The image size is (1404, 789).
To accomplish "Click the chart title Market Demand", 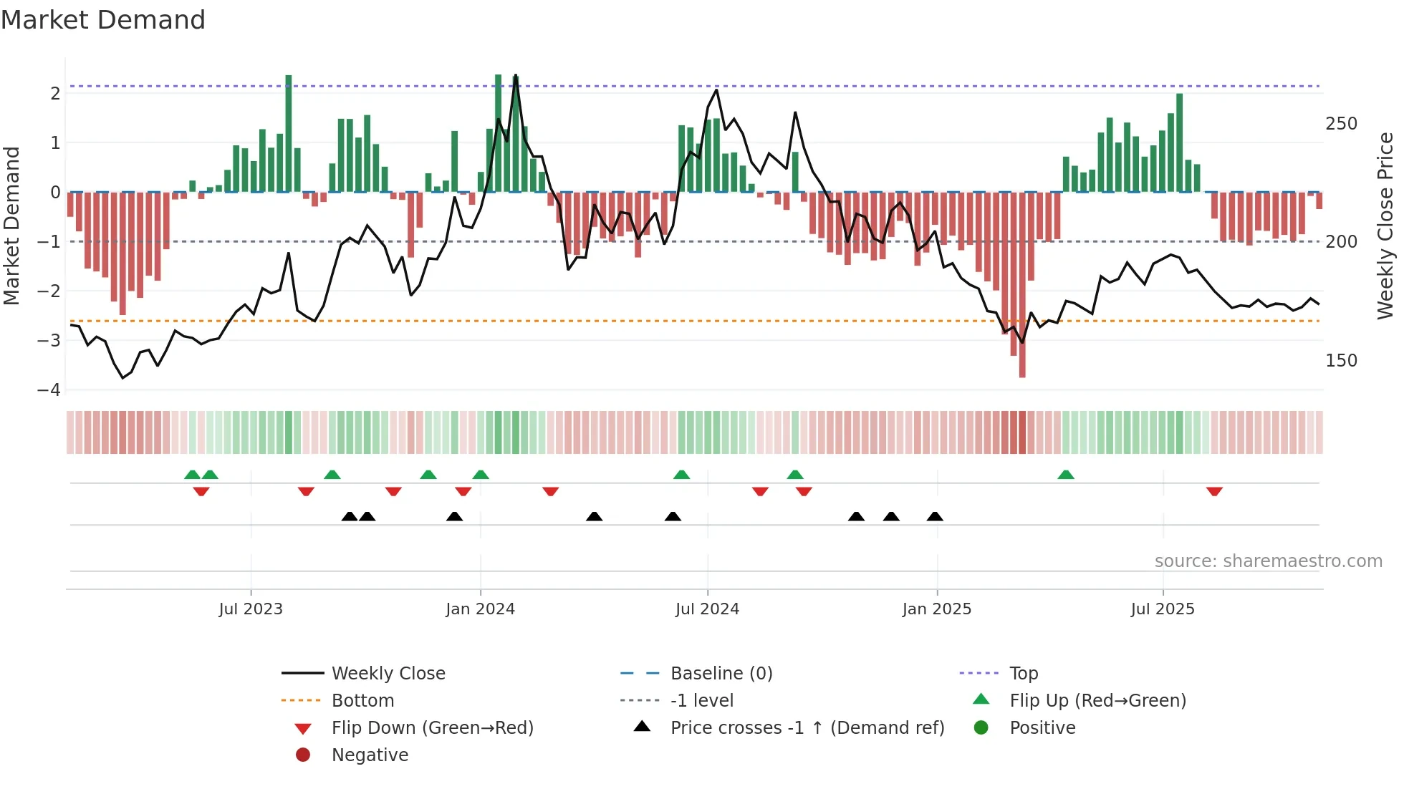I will (103, 20).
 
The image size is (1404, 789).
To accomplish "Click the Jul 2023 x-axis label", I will (251, 609).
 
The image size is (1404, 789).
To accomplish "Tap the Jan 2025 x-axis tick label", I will (936, 609).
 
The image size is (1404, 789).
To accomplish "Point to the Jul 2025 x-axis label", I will (1163, 609).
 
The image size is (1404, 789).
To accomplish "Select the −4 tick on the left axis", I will (49, 390).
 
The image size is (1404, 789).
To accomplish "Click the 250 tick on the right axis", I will (1341, 124).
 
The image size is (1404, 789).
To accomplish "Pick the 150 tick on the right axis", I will (1341, 361).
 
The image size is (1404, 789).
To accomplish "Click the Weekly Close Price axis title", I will (1385, 226).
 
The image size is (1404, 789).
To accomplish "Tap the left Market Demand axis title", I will (11, 226).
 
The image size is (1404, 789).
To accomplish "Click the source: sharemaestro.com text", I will (1268, 561).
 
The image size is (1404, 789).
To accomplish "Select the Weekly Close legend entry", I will (388, 674).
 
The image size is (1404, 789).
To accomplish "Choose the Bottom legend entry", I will (362, 701).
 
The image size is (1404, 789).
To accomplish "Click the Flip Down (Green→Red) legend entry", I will (432, 728).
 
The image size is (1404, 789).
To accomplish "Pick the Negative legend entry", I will (370, 755).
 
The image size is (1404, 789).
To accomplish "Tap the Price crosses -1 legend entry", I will (807, 728).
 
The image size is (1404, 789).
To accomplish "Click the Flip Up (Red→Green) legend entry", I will (1097, 701).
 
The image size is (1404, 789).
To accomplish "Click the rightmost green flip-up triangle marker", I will (1066, 475).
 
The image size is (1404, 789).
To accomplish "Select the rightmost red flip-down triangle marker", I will (1214, 491).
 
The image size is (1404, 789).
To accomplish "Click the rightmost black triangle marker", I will (935, 516).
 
